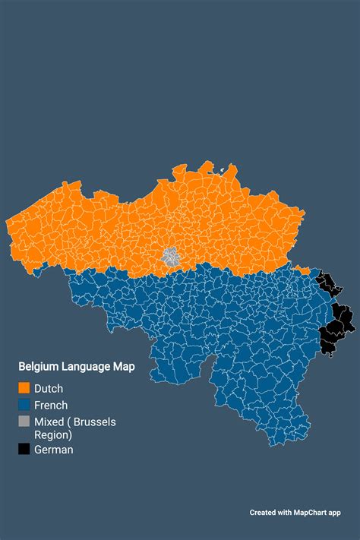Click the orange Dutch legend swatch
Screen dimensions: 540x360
point(25,389)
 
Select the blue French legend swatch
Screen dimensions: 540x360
point(25,405)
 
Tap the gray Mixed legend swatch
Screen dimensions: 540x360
point(25,422)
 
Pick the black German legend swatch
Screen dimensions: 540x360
point(25,450)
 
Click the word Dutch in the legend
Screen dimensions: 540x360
point(49,389)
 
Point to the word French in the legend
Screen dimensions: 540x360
point(51,405)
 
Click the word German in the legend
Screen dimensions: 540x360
point(54,450)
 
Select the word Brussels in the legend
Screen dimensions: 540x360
point(94,422)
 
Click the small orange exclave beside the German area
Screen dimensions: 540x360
point(303,270)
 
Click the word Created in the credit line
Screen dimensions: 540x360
point(262,513)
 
